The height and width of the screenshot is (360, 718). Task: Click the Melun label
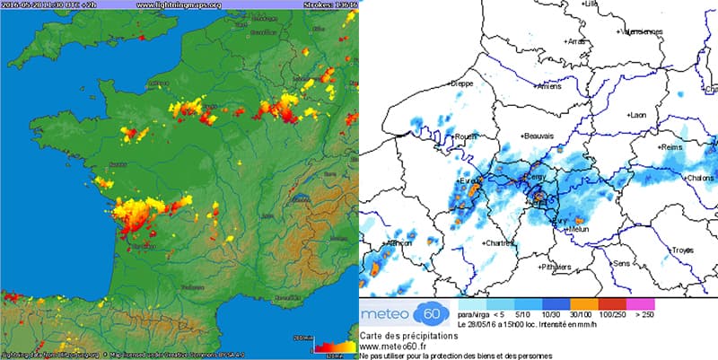582,230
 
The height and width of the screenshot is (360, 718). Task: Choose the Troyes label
684,249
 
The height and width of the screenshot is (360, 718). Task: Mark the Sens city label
621,263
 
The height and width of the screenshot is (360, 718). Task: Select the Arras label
574,41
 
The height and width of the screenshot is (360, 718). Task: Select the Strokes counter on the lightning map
327,4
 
